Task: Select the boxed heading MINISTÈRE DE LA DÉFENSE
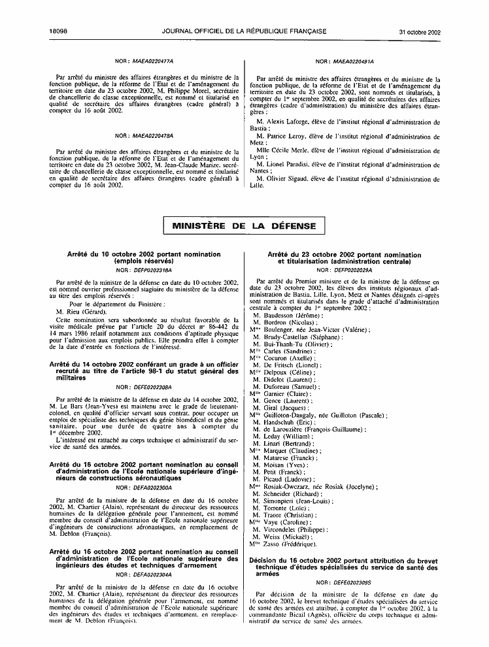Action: pyautogui.click(x=244, y=226)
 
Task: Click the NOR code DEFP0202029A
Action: pyautogui.click(x=352, y=269)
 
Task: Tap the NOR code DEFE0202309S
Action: pyautogui.click(x=352, y=582)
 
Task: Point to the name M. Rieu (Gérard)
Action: pyautogui.click(x=79, y=312)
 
